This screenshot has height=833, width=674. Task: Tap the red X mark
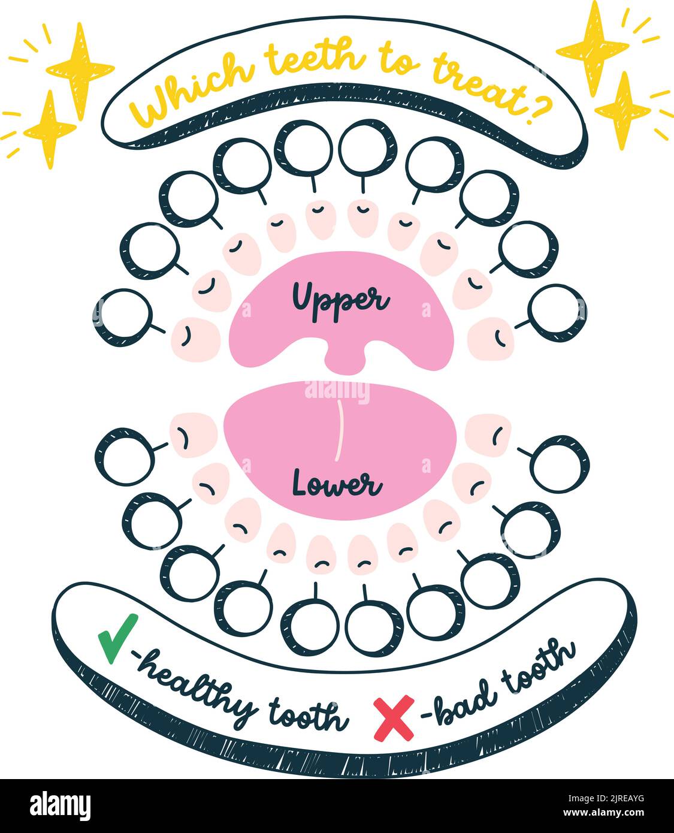394,717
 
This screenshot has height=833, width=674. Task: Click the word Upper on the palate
340,298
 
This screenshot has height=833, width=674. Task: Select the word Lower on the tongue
337,484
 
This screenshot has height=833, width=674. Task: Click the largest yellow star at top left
79,69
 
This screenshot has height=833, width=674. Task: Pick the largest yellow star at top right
593,48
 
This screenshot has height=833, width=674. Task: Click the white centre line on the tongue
339,430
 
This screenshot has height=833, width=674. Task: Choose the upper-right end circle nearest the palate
557,313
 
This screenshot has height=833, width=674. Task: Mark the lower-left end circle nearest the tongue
125,456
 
